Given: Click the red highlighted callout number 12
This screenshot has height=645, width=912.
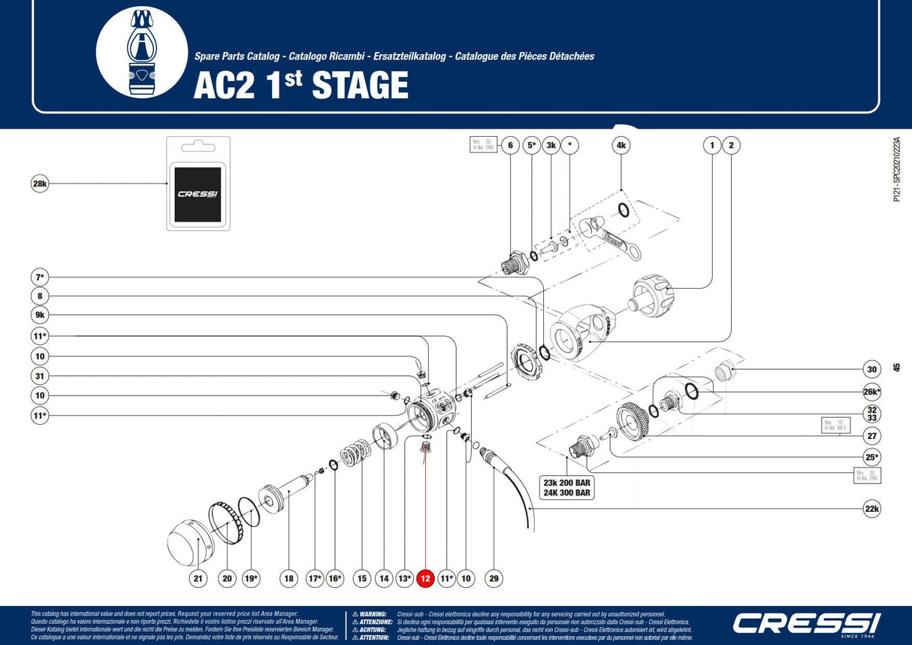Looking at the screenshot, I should click(425, 578).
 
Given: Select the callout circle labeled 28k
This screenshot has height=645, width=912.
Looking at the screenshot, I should click(40, 183).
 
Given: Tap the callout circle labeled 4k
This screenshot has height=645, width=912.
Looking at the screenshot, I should click(621, 146).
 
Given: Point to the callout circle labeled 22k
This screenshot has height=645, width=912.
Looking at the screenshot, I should click(871, 509).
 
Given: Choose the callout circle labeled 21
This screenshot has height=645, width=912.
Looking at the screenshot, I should click(198, 578).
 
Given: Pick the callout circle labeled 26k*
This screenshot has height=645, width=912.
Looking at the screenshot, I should click(871, 392).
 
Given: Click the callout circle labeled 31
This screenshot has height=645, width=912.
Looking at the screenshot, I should click(40, 375).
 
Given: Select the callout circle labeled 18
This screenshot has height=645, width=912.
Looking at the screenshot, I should click(289, 578).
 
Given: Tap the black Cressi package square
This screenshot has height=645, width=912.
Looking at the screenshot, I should click(197, 193).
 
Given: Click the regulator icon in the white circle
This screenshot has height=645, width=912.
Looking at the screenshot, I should click(142, 52).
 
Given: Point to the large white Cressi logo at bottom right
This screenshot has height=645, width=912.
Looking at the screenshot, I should click(806, 623).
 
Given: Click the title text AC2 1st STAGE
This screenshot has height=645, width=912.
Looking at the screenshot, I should click(300, 85).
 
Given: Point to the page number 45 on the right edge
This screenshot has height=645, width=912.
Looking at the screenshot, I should click(896, 368).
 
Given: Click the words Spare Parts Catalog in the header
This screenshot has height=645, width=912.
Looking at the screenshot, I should click(237, 56).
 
